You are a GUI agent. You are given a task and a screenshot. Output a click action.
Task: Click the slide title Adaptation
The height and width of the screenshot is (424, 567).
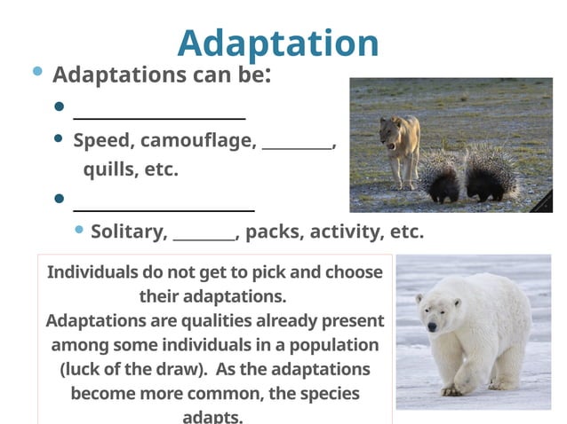coord(278,43)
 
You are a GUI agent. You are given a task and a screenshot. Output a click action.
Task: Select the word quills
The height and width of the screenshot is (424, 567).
coord(107,169)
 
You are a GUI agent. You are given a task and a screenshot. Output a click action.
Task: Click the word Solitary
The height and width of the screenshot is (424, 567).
coord(129,232)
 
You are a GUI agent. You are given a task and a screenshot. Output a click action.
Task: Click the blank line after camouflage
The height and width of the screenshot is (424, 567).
coord(297,146)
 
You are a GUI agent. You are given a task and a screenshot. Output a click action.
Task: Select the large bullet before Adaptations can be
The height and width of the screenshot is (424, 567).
coord(37,72)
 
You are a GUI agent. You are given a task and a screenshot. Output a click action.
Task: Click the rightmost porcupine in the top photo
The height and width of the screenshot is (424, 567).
coord(490,172)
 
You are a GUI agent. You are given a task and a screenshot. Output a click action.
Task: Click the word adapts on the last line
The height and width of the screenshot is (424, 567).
coord(212,416)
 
